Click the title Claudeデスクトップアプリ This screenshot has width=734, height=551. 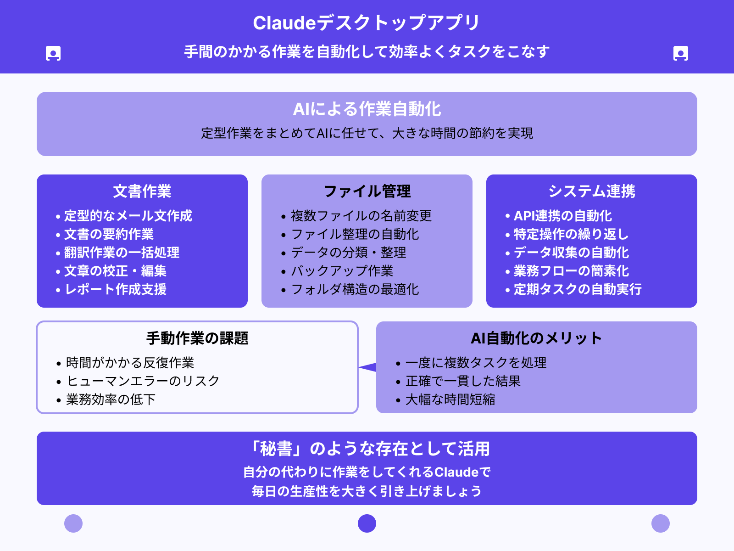(x=367, y=23)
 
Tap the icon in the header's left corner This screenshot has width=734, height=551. (x=53, y=53)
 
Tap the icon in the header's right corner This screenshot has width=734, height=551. (x=681, y=53)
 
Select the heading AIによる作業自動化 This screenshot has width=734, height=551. (x=367, y=109)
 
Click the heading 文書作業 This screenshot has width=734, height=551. (x=142, y=191)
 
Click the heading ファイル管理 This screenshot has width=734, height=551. (x=367, y=191)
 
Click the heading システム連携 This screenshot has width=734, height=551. (x=592, y=191)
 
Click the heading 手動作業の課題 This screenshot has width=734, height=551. (x=197, y=338)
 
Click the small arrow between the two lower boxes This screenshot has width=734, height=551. (x=368, y=367)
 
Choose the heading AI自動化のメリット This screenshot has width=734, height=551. (x=536, y=338)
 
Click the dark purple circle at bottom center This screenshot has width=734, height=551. (x=367, y=523)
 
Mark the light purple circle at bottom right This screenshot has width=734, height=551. (x=661, y=523)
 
